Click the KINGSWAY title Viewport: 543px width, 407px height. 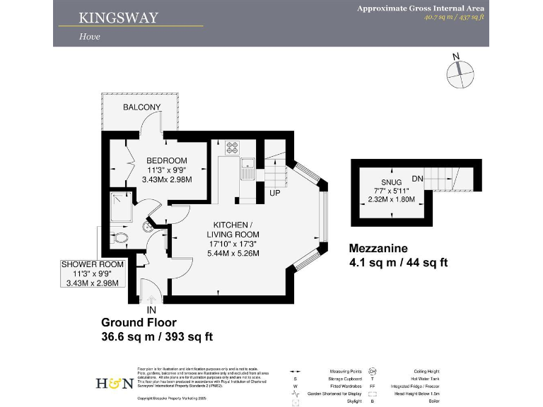point(119,17)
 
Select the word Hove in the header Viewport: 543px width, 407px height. point(89,37)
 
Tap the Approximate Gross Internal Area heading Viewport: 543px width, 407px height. point(420,8)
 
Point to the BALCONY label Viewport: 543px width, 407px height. point(142,107)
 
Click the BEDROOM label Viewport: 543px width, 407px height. point(167,160)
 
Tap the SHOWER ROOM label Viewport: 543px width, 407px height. point(93,264)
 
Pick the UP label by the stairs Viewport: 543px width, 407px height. point(276,192)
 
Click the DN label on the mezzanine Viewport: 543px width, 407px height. point(417,179)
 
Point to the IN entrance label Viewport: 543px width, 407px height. point(151,309)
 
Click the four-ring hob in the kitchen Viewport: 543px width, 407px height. point(233,148)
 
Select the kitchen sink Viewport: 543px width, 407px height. point(247,170)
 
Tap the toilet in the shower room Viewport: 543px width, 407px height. point(119,238)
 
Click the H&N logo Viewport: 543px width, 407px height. point(114,383)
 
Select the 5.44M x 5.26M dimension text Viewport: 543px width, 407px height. point(233,253)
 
